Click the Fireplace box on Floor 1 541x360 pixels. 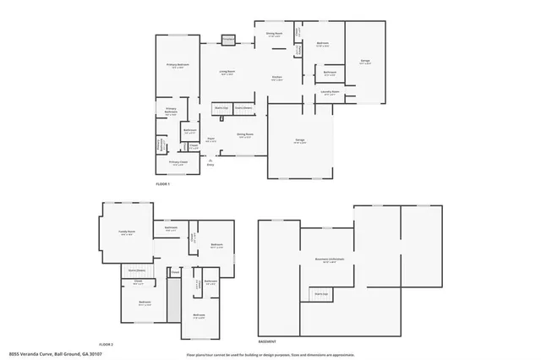point(227,39)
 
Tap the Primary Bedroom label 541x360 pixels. point(177,65)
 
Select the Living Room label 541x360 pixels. point(227,73)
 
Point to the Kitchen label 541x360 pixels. point(276,78)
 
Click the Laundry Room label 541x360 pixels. point(331,92)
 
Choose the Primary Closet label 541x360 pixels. point(177,162)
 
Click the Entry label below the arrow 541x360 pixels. point(210,165)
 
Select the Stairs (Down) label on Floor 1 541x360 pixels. point(244,109)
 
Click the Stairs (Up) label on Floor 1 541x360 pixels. point(222,109)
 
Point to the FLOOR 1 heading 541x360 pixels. point(162,183)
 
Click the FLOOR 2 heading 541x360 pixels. point(106,345)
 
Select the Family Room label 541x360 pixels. point(127,234)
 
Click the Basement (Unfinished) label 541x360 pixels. point(325,259)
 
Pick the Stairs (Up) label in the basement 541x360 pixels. point(320,293)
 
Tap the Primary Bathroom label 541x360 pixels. point(171,111)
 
